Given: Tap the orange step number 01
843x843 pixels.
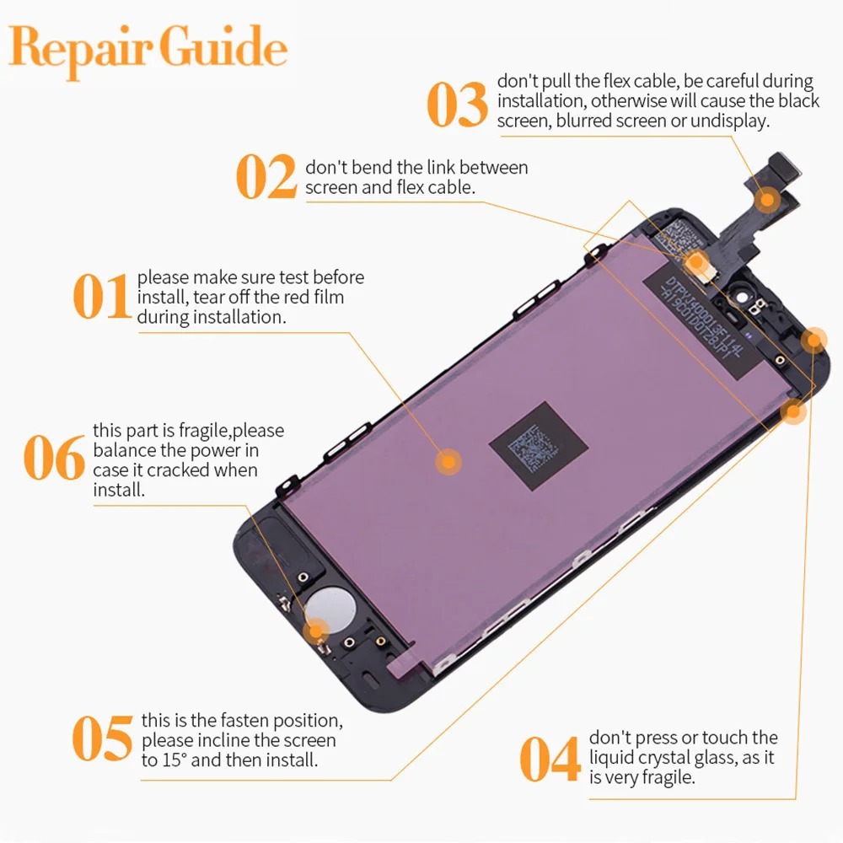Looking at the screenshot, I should click(100, 297).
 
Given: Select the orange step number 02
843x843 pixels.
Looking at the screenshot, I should click(266, 178).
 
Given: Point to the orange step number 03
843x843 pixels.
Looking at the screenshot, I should click(457, 103).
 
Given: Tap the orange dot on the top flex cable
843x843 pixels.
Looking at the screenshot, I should click(767, 200).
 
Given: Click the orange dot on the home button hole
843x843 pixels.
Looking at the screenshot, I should click(317, 629).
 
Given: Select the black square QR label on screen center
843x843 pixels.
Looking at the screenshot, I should click(537, 447).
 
